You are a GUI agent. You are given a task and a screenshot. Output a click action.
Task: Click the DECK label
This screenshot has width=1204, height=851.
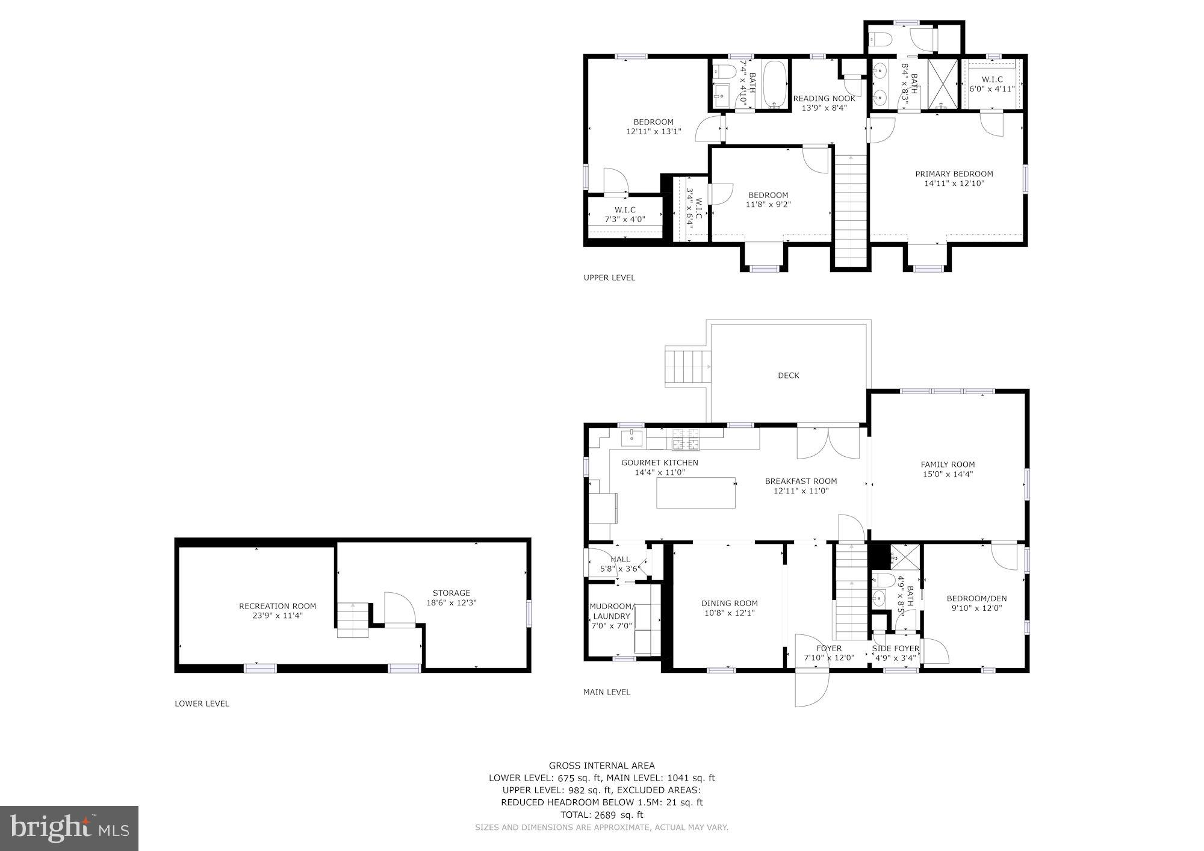point(788,376)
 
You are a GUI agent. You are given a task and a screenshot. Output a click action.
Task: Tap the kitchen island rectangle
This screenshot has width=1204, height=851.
point(696,493)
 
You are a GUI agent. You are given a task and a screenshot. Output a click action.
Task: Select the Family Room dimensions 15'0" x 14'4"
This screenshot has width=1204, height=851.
point(948,474)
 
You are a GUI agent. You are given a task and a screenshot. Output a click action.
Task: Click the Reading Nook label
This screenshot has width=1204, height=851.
point(824,99)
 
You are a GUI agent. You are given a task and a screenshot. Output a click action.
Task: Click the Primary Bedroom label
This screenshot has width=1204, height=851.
point(954,174)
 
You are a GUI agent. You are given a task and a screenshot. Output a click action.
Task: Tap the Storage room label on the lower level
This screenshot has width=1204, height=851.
point(451,593)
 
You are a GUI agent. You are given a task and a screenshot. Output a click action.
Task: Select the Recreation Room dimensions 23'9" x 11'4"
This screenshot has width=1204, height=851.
point(278,616)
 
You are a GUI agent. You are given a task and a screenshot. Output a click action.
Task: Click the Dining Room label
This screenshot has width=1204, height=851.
point(729,603)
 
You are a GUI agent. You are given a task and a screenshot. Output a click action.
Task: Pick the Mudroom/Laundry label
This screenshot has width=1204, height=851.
point(611,611)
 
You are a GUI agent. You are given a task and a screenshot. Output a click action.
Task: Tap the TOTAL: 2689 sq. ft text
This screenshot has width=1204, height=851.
point(601,815)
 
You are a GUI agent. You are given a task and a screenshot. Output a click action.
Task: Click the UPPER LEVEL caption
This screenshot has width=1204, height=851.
point(609,277)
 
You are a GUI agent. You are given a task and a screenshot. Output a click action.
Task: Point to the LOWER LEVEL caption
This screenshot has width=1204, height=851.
point(202,704)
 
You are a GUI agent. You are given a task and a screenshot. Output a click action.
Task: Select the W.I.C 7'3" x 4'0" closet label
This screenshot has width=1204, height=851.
point(625,214)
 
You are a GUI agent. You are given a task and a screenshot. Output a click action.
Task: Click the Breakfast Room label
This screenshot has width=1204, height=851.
point(801,481)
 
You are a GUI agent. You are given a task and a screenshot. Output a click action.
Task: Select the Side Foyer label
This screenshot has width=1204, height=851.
point(895,649)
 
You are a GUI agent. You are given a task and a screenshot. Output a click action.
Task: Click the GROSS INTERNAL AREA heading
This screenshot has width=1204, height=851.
point(601,766)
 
